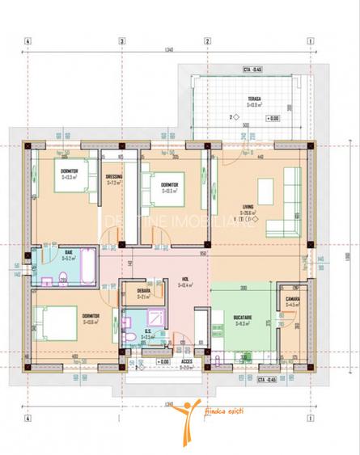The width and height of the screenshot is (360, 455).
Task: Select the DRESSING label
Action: click(114, 176)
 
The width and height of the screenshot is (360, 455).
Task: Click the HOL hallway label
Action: click(184, 280)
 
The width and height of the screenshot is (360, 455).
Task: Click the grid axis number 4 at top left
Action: click(28, 41)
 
